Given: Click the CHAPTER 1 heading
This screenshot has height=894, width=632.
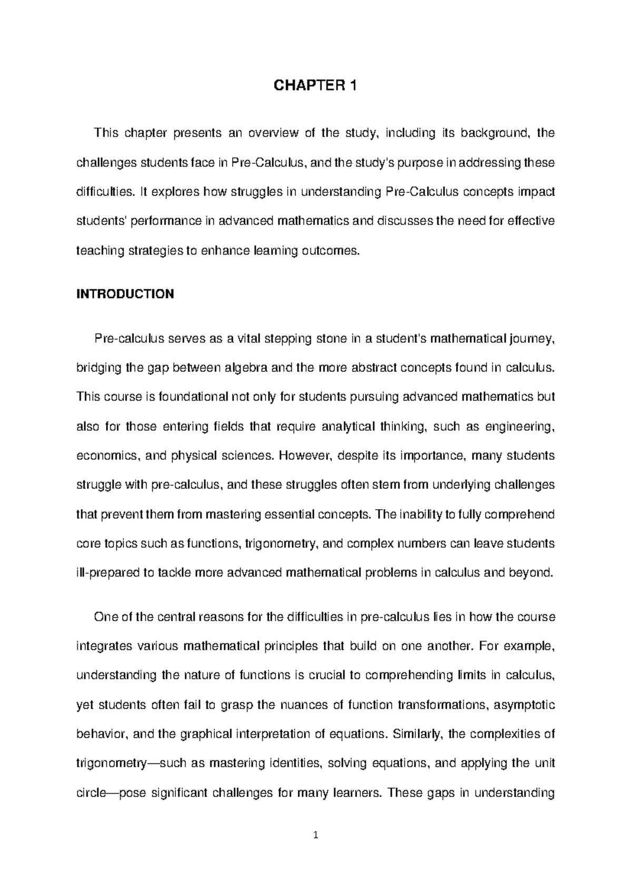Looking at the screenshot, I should [315, 86].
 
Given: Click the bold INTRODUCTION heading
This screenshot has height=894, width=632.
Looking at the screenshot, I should [125, 294].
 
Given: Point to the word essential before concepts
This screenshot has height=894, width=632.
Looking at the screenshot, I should [291, 514].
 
